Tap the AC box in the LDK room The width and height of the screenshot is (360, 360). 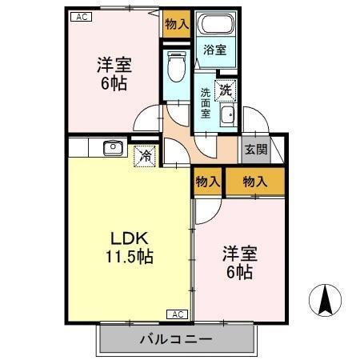click(x=178, y=313)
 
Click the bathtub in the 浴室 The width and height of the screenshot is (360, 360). click(x=214, y=25)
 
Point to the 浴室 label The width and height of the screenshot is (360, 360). click(x=214, y=50)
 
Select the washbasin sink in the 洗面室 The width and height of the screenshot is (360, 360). click(x=227, y=117)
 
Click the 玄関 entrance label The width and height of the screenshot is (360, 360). click(x=256, y=149)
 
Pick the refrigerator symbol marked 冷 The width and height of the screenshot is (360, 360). click(x=145, y=156)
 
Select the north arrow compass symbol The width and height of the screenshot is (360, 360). click(x=326, y=302)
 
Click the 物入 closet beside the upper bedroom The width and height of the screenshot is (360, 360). click(x=176, y=25)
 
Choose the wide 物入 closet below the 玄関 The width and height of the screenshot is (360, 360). click(x=254, y=182)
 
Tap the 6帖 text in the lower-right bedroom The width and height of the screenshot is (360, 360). click(x=239, y=272)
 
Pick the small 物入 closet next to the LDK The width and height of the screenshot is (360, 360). click(x=207, y=182)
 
